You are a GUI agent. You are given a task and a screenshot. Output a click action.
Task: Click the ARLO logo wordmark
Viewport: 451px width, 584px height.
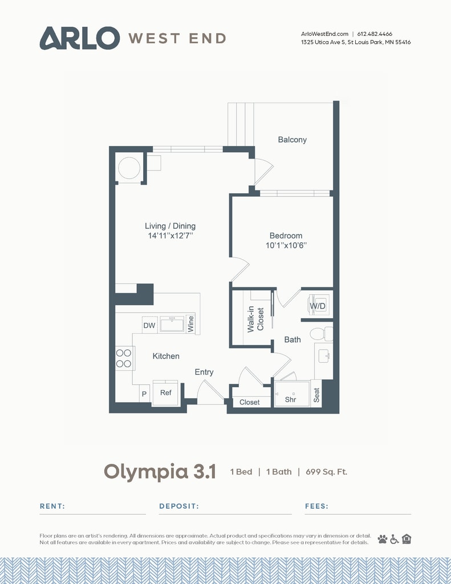[79, 38]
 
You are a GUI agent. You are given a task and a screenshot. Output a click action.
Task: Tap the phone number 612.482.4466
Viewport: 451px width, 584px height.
[375, 34]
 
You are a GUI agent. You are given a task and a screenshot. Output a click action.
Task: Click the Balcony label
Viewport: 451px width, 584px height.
[292, 140]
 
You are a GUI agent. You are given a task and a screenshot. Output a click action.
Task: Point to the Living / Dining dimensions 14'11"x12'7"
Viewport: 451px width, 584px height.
[170, 236]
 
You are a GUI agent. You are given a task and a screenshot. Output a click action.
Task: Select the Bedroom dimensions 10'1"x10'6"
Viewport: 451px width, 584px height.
[286, 245]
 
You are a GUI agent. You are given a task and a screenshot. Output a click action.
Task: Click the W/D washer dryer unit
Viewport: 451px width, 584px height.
[318, 305]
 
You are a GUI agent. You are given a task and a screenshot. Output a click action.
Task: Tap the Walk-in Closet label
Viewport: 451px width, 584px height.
[256, 319]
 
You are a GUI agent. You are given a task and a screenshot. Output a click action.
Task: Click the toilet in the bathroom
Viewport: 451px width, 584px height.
[321, 334]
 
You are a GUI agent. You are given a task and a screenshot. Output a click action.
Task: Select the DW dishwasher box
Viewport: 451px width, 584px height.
[149, 325]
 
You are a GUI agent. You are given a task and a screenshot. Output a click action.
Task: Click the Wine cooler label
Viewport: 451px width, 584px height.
[190, 324]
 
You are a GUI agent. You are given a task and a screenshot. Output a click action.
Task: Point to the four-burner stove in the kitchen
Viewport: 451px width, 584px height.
[124, 358]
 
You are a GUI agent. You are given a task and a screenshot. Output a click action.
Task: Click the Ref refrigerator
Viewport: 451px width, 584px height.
[166, 393]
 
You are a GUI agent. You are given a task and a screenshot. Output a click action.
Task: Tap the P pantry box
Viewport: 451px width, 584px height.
[144, 394]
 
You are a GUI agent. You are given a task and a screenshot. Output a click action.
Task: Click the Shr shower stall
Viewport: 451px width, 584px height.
[292, 394]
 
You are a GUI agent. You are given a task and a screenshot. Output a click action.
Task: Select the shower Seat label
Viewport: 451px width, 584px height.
[316, 395]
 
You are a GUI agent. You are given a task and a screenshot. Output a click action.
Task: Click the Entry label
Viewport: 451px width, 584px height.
[204, 372]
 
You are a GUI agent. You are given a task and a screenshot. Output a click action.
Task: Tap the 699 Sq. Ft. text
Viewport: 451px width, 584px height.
[326, 472]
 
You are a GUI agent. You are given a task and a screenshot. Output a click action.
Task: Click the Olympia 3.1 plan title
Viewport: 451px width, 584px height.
[160, 472]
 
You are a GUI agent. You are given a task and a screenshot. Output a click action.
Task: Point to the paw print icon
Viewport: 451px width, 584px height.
[383, 539]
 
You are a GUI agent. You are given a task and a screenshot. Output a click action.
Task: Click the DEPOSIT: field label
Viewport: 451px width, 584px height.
[179, 506]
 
